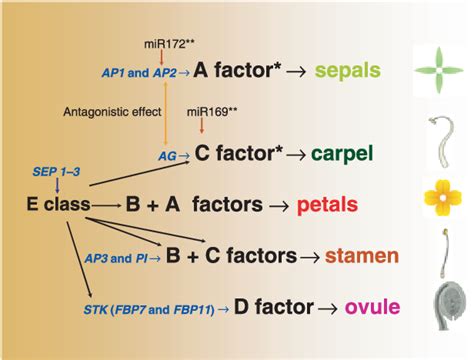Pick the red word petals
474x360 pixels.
[356, 203]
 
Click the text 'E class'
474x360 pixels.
[58, 203]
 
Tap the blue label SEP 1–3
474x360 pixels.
[56, 171]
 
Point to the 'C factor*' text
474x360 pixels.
[242, 154]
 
